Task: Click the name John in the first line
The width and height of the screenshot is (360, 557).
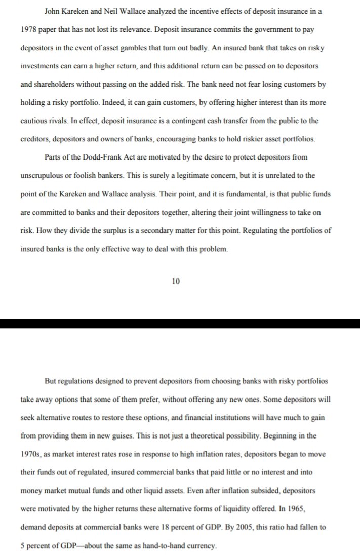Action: pyautogui.click(x=54, y=11)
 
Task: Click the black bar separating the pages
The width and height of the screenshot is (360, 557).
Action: pyautogui.click(x=180, y=323)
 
